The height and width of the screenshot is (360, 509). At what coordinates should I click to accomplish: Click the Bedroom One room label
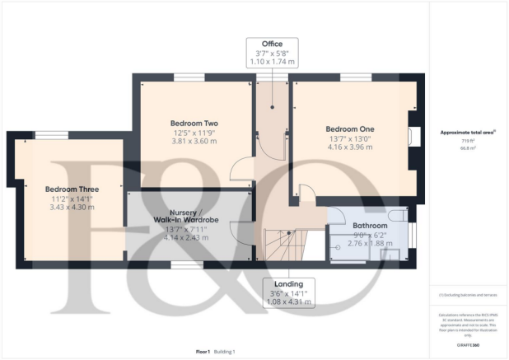349,129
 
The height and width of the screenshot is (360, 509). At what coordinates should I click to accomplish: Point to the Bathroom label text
370,225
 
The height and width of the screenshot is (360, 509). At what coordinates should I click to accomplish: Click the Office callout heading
272,44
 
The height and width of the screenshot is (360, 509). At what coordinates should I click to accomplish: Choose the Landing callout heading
287,283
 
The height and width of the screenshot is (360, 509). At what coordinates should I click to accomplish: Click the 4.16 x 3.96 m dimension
349,149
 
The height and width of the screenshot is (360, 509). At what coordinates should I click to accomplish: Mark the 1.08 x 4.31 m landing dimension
287,302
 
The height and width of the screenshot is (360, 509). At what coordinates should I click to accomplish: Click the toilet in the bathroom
397,217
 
